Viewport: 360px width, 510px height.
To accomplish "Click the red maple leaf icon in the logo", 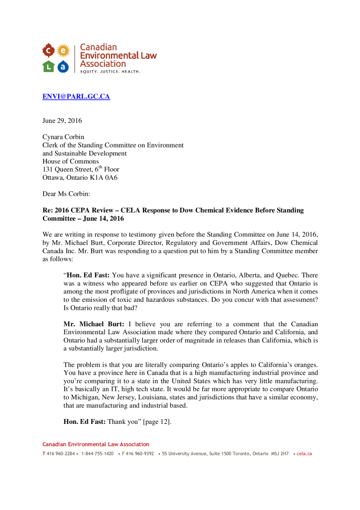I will click(48, 50).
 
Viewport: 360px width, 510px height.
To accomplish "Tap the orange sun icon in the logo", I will click(63, 50).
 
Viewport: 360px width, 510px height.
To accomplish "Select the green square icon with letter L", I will click(48, 66).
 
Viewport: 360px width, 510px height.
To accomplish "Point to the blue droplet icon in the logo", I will click(63, 66).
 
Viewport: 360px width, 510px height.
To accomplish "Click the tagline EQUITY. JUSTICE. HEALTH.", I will click(110, 71).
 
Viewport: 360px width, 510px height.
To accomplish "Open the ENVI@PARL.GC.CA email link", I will click(76, 97).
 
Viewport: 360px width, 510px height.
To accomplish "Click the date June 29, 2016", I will click(62, 121).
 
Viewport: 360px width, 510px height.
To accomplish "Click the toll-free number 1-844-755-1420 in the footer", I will click(97, 454).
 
